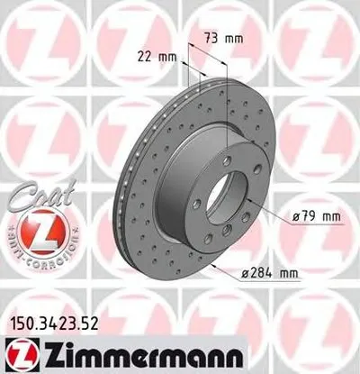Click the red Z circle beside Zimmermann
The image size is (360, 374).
[x=17, y=350]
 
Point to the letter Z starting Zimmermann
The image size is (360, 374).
[x=42, y=350]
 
